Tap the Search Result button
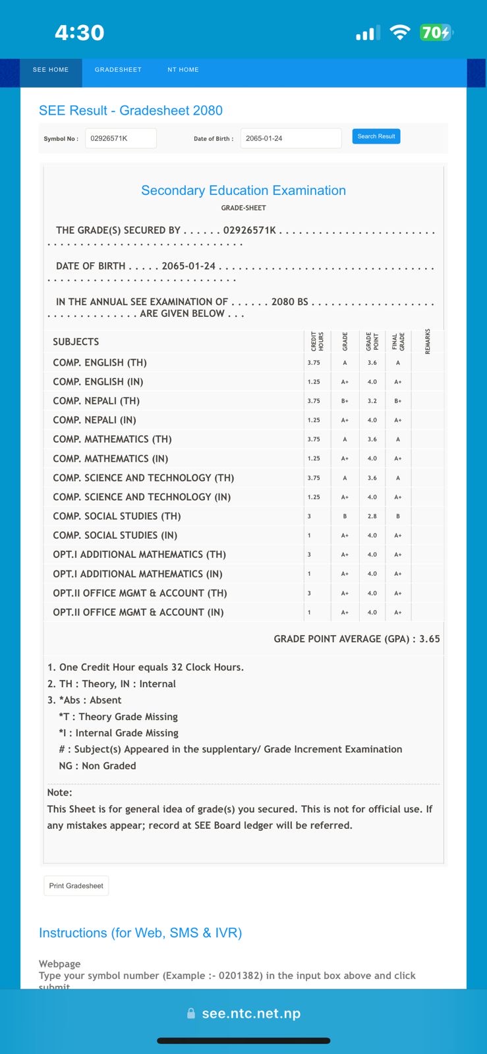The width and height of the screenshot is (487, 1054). (x=376, y=136)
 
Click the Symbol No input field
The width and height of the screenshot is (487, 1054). (x=121, y=138)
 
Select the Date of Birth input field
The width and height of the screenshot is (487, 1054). (x=291, y=138)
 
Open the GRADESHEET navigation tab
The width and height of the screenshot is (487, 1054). (x=118, y=70)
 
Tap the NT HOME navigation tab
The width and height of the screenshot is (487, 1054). (x=183, y=70)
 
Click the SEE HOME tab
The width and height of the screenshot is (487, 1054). (x=51, y=70)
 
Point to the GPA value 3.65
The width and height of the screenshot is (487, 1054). (x=430, y=639)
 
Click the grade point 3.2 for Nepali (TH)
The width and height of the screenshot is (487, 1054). (x=372, y=401)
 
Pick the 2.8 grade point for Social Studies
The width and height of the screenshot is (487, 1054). (x=372, y=516)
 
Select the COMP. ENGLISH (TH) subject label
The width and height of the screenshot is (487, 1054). (x=100, y=362)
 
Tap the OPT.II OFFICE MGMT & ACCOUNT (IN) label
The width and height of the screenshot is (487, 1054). (x=138, y=612)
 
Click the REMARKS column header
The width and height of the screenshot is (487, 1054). (x=428, y=341)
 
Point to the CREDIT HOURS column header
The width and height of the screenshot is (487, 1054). (x=317, y=341)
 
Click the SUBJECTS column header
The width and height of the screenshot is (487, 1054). (x=76, y=342)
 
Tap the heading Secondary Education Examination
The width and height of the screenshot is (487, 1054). (x=243, y=190)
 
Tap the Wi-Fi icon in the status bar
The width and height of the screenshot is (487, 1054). (x=400, y=32)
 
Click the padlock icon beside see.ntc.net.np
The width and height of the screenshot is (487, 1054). (x=191, y=1014)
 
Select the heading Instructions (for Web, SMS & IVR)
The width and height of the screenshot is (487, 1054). (x=140, y=933)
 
